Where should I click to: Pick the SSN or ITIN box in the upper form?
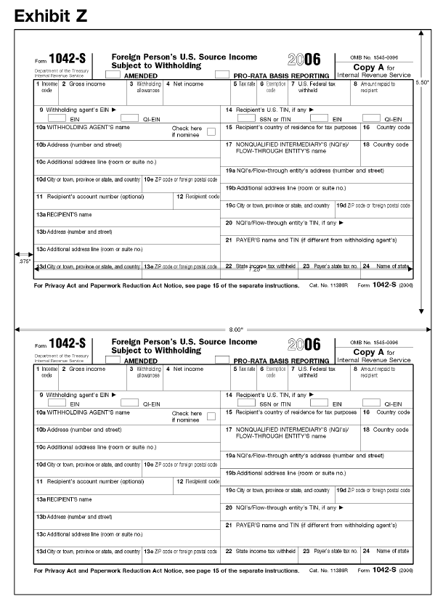(246, 118)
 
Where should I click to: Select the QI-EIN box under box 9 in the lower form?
(129, 402)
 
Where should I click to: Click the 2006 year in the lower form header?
(304, 344)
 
